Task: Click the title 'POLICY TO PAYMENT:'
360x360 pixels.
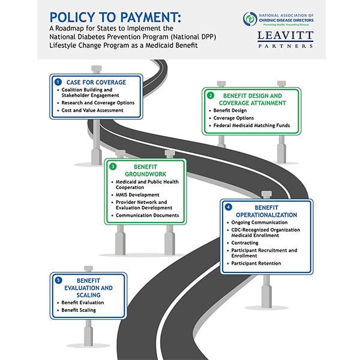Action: tap(115, 17)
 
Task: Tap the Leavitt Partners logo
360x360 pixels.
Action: tap(286, 40)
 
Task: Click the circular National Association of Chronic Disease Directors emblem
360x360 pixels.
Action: tap(250, 19)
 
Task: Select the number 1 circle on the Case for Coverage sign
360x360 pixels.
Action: tap(58, 82)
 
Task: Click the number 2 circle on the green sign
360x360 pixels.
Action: tap(211, 95)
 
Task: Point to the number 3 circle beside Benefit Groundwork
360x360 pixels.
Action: tap(113, 166)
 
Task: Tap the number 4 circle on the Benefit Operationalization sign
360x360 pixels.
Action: tap(228, 207)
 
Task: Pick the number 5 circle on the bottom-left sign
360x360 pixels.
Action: tap(59, 280)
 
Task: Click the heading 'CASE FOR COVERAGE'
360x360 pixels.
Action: tap(96, 82)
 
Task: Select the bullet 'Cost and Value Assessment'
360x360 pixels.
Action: tap(92, 110)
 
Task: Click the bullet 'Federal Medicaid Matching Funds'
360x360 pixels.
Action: tap(251, 125)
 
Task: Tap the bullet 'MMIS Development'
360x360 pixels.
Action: tap(137, 194)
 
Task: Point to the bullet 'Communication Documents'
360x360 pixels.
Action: tap(147, 215)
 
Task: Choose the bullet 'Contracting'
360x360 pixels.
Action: tap(245, 243)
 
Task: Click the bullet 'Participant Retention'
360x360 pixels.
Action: tap(256, 263)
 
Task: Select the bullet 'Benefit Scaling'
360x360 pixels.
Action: tap(79, 310)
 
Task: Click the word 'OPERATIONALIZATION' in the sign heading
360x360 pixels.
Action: tap(266, 215)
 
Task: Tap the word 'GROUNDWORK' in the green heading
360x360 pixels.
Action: tap(145, 174)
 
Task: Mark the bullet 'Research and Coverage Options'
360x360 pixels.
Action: tap(98, 103)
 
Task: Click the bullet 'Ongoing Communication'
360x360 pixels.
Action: tap(259, 223)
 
